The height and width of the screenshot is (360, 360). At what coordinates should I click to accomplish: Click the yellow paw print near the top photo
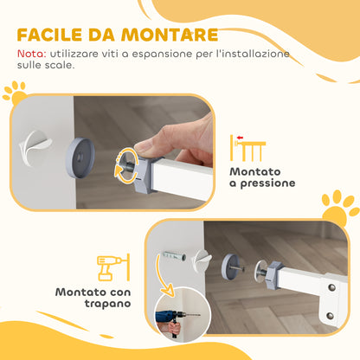tap(14, 90)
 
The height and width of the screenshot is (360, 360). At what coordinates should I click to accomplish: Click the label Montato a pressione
tap(261, 177)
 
